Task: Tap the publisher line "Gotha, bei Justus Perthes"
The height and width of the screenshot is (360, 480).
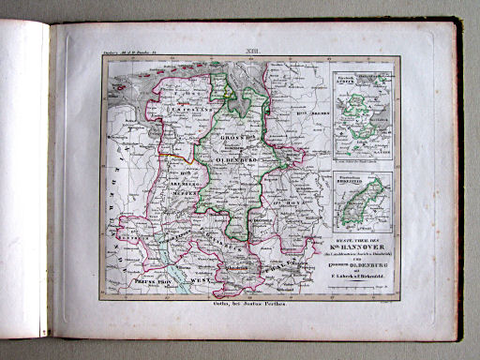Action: pos(247,306)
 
